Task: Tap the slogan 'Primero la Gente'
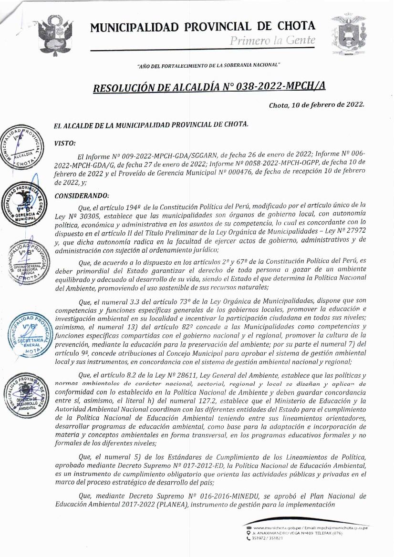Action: [272, 41]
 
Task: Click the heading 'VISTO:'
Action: [65, 143]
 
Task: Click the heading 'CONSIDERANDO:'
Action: [82, 196]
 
